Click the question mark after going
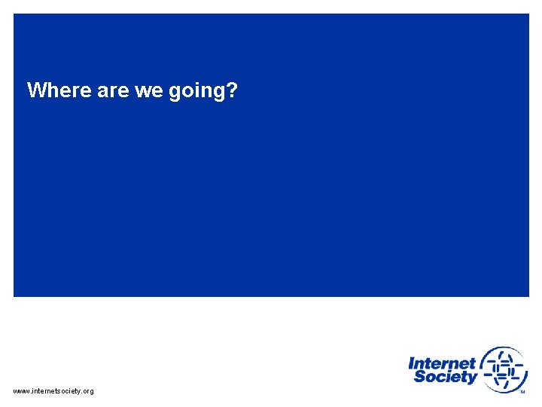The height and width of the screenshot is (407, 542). coord(233,91)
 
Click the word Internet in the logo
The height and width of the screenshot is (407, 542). coord(442,363)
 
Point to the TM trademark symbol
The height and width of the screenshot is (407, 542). coord(522,391)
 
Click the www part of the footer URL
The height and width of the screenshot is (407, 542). coord(21,391)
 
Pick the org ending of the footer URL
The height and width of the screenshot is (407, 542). coord(88,392)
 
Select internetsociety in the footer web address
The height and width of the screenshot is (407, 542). coord(56,391)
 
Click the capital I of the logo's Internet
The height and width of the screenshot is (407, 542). coord(411,363)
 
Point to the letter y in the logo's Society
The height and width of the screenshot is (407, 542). coord(471,379)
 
